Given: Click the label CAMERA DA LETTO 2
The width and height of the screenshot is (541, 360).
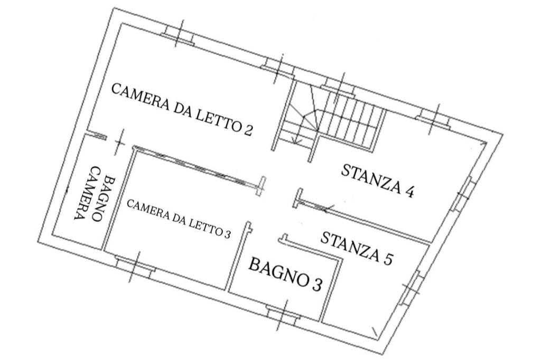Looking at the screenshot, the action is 182,109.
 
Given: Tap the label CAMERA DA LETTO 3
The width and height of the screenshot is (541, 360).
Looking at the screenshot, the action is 179,219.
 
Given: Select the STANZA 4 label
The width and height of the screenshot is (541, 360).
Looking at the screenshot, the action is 377,181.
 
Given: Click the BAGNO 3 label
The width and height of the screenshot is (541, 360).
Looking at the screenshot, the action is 286,273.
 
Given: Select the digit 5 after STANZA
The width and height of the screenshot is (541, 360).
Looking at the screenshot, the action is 387,259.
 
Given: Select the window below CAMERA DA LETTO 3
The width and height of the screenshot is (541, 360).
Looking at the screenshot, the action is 135,265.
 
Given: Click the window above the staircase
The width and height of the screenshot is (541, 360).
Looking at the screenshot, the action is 339,86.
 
